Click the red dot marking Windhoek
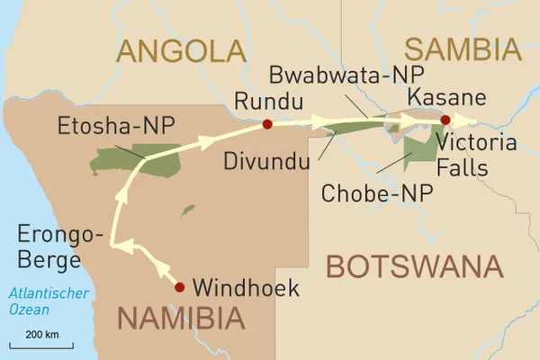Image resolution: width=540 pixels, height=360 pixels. point(179,287)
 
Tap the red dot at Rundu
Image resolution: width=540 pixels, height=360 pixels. point(266,124)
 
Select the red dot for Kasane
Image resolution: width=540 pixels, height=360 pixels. point(445,119)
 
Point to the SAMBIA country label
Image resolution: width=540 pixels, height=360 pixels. point(462,48)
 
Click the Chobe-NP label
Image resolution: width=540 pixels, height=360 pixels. point(377,191)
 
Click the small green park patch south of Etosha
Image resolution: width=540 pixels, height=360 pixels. point(187,210)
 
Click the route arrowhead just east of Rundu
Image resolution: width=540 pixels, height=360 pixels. point(321,122)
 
